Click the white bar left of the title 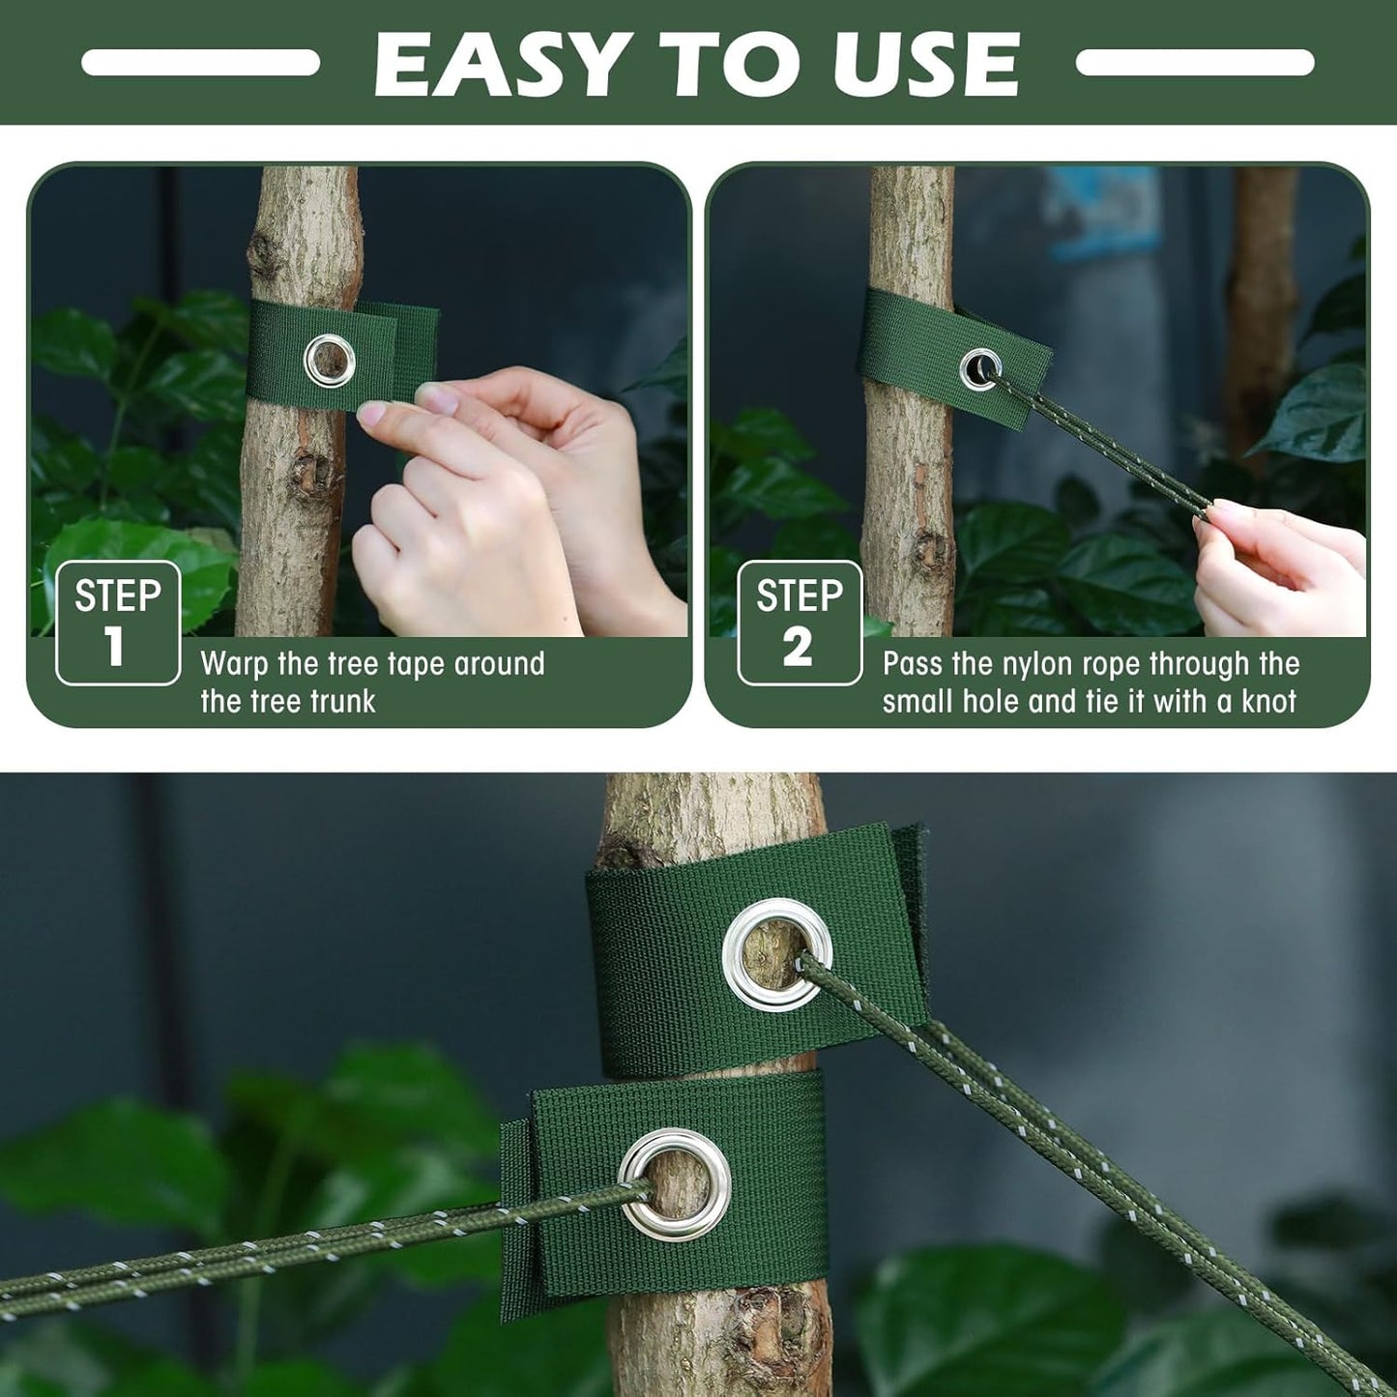[200, 63]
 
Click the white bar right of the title [1195, 63]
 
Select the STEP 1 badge [118, 623]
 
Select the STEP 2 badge [799, 623]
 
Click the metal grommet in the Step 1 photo [330, 361]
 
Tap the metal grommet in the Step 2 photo [979, 369]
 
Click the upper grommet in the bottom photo [777, 954]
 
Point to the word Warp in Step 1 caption [234, 664]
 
